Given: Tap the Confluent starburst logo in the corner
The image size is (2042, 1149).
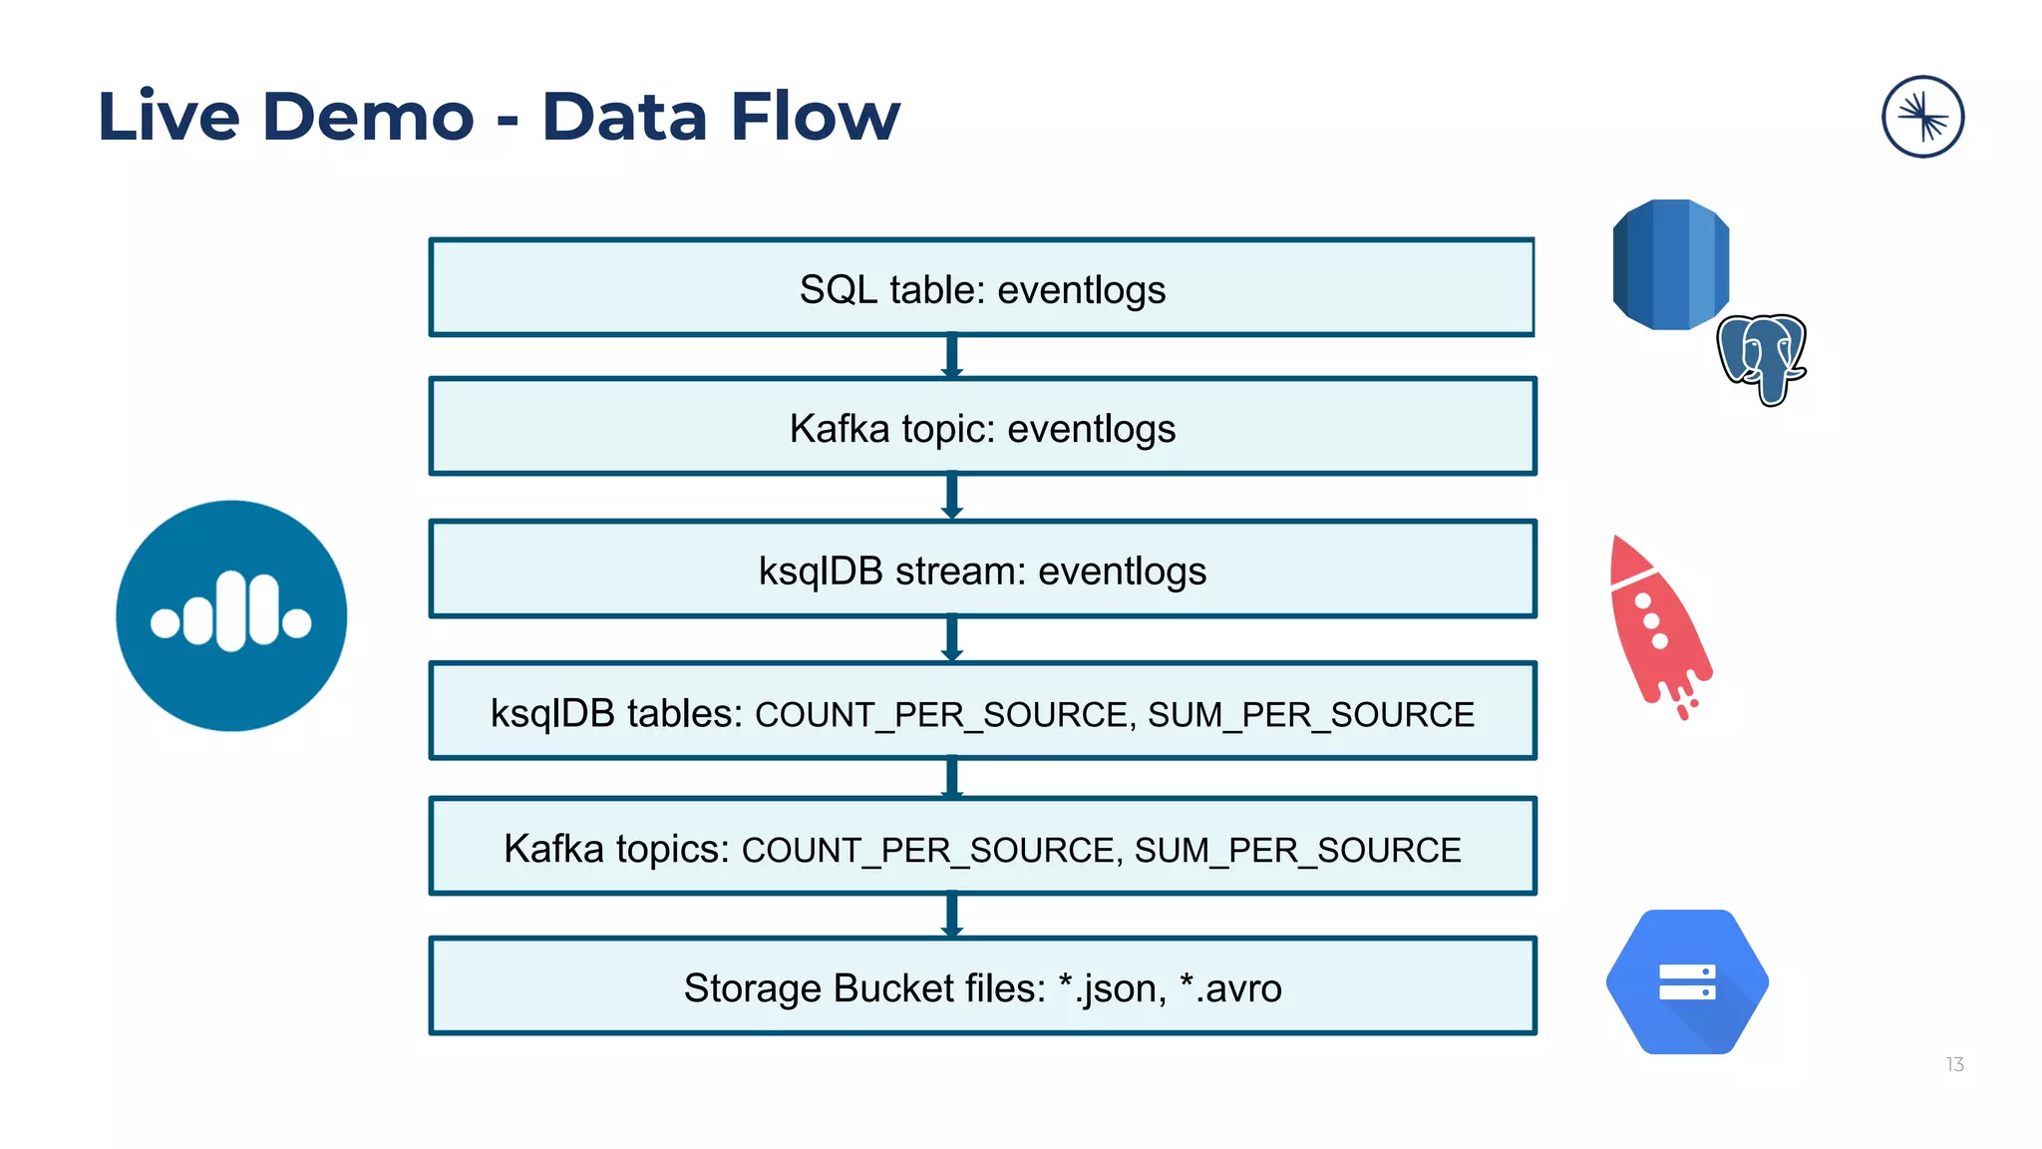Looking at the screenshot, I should (x=1922, y=117).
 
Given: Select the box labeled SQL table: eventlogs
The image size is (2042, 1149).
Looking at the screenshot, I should (x=981, y=288).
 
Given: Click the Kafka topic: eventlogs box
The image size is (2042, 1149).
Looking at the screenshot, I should (x=981, y=428).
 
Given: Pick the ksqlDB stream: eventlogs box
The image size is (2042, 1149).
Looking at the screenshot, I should (x=981, y=571).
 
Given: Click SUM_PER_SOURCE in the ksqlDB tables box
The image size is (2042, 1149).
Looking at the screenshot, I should (x=1310, y=714).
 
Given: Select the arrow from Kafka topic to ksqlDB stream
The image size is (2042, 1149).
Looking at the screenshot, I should (x=952, y=497).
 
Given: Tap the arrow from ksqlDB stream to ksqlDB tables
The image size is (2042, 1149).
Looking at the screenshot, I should (x=952, y=639).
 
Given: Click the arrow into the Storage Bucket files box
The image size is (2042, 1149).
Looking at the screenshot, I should (x=952, y=916).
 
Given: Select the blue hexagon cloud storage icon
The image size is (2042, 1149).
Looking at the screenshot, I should (x=1687, y=981).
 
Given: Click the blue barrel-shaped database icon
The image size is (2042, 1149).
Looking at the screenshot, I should (x=1669, y=264).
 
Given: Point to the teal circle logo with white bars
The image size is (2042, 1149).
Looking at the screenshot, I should (x=231, y=615).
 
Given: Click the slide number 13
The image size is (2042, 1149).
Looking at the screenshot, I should (x=1954, y=1064).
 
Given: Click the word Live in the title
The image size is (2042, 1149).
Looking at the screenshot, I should (x=169, y=117).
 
